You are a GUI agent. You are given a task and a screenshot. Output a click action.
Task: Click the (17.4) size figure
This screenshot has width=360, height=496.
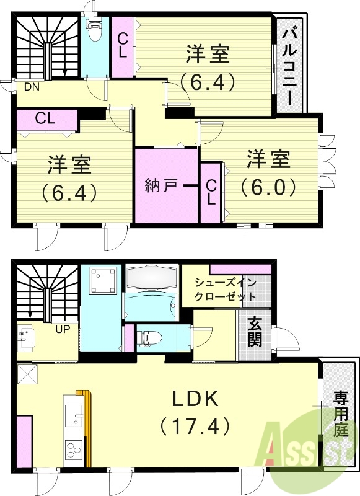coord(195,427)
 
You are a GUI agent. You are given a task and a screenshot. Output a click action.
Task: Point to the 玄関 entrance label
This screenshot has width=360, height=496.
coord(255,332)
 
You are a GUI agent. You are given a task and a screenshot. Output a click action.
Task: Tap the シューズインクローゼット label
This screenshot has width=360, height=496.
coord(225,290)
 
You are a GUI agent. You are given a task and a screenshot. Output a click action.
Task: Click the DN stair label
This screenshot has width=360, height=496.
coord(32,87)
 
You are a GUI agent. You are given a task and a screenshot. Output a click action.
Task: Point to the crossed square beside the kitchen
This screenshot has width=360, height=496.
coord(28,374)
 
